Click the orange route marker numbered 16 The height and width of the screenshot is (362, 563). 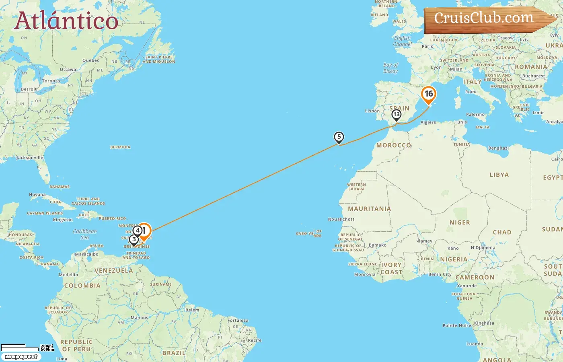(x=428, y=95)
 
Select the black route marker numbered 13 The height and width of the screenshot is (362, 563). (x=396, y=115)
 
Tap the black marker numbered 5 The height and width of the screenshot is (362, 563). (x=339, y=137)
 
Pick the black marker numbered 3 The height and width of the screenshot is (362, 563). (x=134, y=240)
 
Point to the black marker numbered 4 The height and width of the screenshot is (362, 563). (x=138, y=230)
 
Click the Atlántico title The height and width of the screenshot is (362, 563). (x=66, y=21)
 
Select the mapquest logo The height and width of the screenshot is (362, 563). (x=21, y=357)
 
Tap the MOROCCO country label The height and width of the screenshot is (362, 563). (x=393, y=145)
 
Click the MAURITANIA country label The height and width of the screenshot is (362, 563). (x=369, y=209)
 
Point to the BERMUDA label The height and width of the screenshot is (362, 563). (x=120, y=147)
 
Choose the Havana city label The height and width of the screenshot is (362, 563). (x=37, y=195)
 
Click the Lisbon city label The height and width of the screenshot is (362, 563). (x=372, y=111)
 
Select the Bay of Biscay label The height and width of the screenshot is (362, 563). (x=390, y=68)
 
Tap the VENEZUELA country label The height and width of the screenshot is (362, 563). (x=113, y=271)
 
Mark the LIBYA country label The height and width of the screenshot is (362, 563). (x=499, y=175)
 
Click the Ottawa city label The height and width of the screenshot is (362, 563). (x=68, y=70)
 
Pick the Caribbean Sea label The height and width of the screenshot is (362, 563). (x=85, y=234)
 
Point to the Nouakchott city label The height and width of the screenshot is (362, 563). (x=341, y=219)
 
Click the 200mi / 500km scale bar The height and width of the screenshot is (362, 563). (x=27, y=347)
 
